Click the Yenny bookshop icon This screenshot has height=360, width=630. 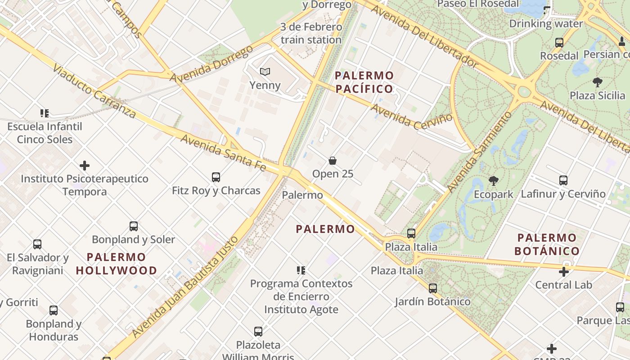coord(265,72)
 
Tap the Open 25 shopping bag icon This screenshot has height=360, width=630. coord(333,161)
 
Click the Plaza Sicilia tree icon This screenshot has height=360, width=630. coord(597,82)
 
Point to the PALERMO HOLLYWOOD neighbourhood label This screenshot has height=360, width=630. coord(117,264)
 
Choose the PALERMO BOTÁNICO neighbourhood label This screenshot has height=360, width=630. coord(547,244)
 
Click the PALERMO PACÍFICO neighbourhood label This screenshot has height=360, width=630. coord(364,81)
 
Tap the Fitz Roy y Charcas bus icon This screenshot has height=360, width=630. coord(216,177)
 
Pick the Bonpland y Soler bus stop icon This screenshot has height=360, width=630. coord(133,226)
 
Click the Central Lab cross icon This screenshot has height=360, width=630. coord(563,271)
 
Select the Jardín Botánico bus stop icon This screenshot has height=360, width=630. coord(432,288)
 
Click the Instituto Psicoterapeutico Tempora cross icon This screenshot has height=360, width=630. coord(84,166)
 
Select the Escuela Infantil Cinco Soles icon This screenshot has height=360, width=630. coord(44,113)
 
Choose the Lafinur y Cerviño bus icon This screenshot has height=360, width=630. coord(563,180)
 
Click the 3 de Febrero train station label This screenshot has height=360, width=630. coord(311,33)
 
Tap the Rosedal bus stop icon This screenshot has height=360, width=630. coord(559,43)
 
